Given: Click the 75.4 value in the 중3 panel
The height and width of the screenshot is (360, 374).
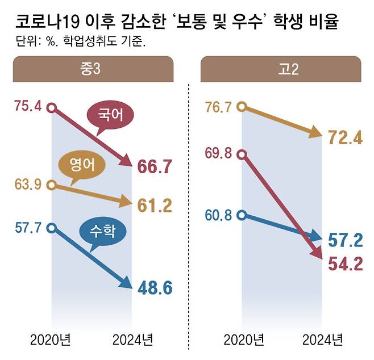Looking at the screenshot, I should point(28,107).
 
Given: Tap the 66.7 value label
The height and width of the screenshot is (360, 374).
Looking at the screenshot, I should point(155,166).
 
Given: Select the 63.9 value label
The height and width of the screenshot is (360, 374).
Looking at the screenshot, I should point(28,185).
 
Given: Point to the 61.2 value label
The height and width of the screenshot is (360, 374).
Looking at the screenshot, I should point(155,206).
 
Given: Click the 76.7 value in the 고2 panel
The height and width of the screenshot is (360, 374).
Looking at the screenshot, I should point(220,107).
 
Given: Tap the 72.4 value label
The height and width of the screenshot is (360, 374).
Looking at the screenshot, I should point(346,137).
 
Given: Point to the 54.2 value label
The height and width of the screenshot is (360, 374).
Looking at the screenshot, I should point(346,264).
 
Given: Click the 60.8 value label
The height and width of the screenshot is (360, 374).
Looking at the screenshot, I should point(220,215).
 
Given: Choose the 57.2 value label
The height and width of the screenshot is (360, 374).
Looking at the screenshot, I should point(346,240).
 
